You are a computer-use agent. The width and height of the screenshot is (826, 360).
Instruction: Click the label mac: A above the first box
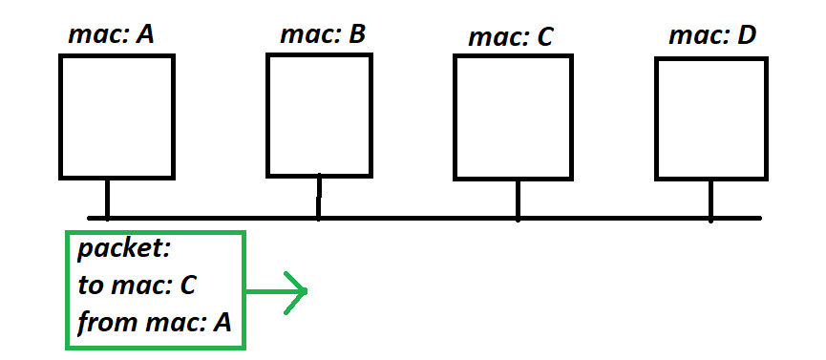(112, 35)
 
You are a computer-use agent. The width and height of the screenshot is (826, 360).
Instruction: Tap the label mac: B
(323, 35)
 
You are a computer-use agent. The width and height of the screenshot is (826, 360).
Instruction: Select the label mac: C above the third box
(511, 38)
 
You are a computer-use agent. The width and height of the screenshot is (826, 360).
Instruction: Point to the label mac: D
(712, 35)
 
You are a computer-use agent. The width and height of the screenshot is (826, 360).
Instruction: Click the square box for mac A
(116, 116)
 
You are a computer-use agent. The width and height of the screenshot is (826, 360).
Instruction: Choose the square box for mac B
(318, 115)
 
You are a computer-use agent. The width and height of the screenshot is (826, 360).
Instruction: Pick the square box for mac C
(513, 116)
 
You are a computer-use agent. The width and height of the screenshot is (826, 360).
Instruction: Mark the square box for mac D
(711, 117)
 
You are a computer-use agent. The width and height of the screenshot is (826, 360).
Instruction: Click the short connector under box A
(107, 198)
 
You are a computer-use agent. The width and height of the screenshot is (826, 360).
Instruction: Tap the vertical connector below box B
(318, 197)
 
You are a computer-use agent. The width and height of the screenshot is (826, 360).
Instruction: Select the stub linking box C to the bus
(518, 199)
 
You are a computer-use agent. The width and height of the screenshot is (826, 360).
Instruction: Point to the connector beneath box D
(710, 199)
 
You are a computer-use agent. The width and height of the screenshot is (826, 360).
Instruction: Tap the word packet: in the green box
(123, 251)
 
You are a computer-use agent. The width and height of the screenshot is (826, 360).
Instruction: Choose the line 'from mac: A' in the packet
(155, 322)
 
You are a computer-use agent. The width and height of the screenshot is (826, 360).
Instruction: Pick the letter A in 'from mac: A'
(222, 322)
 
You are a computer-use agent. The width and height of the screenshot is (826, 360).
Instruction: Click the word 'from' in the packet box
(100, 322)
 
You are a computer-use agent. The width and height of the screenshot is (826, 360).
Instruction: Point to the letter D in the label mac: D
(746, 35)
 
